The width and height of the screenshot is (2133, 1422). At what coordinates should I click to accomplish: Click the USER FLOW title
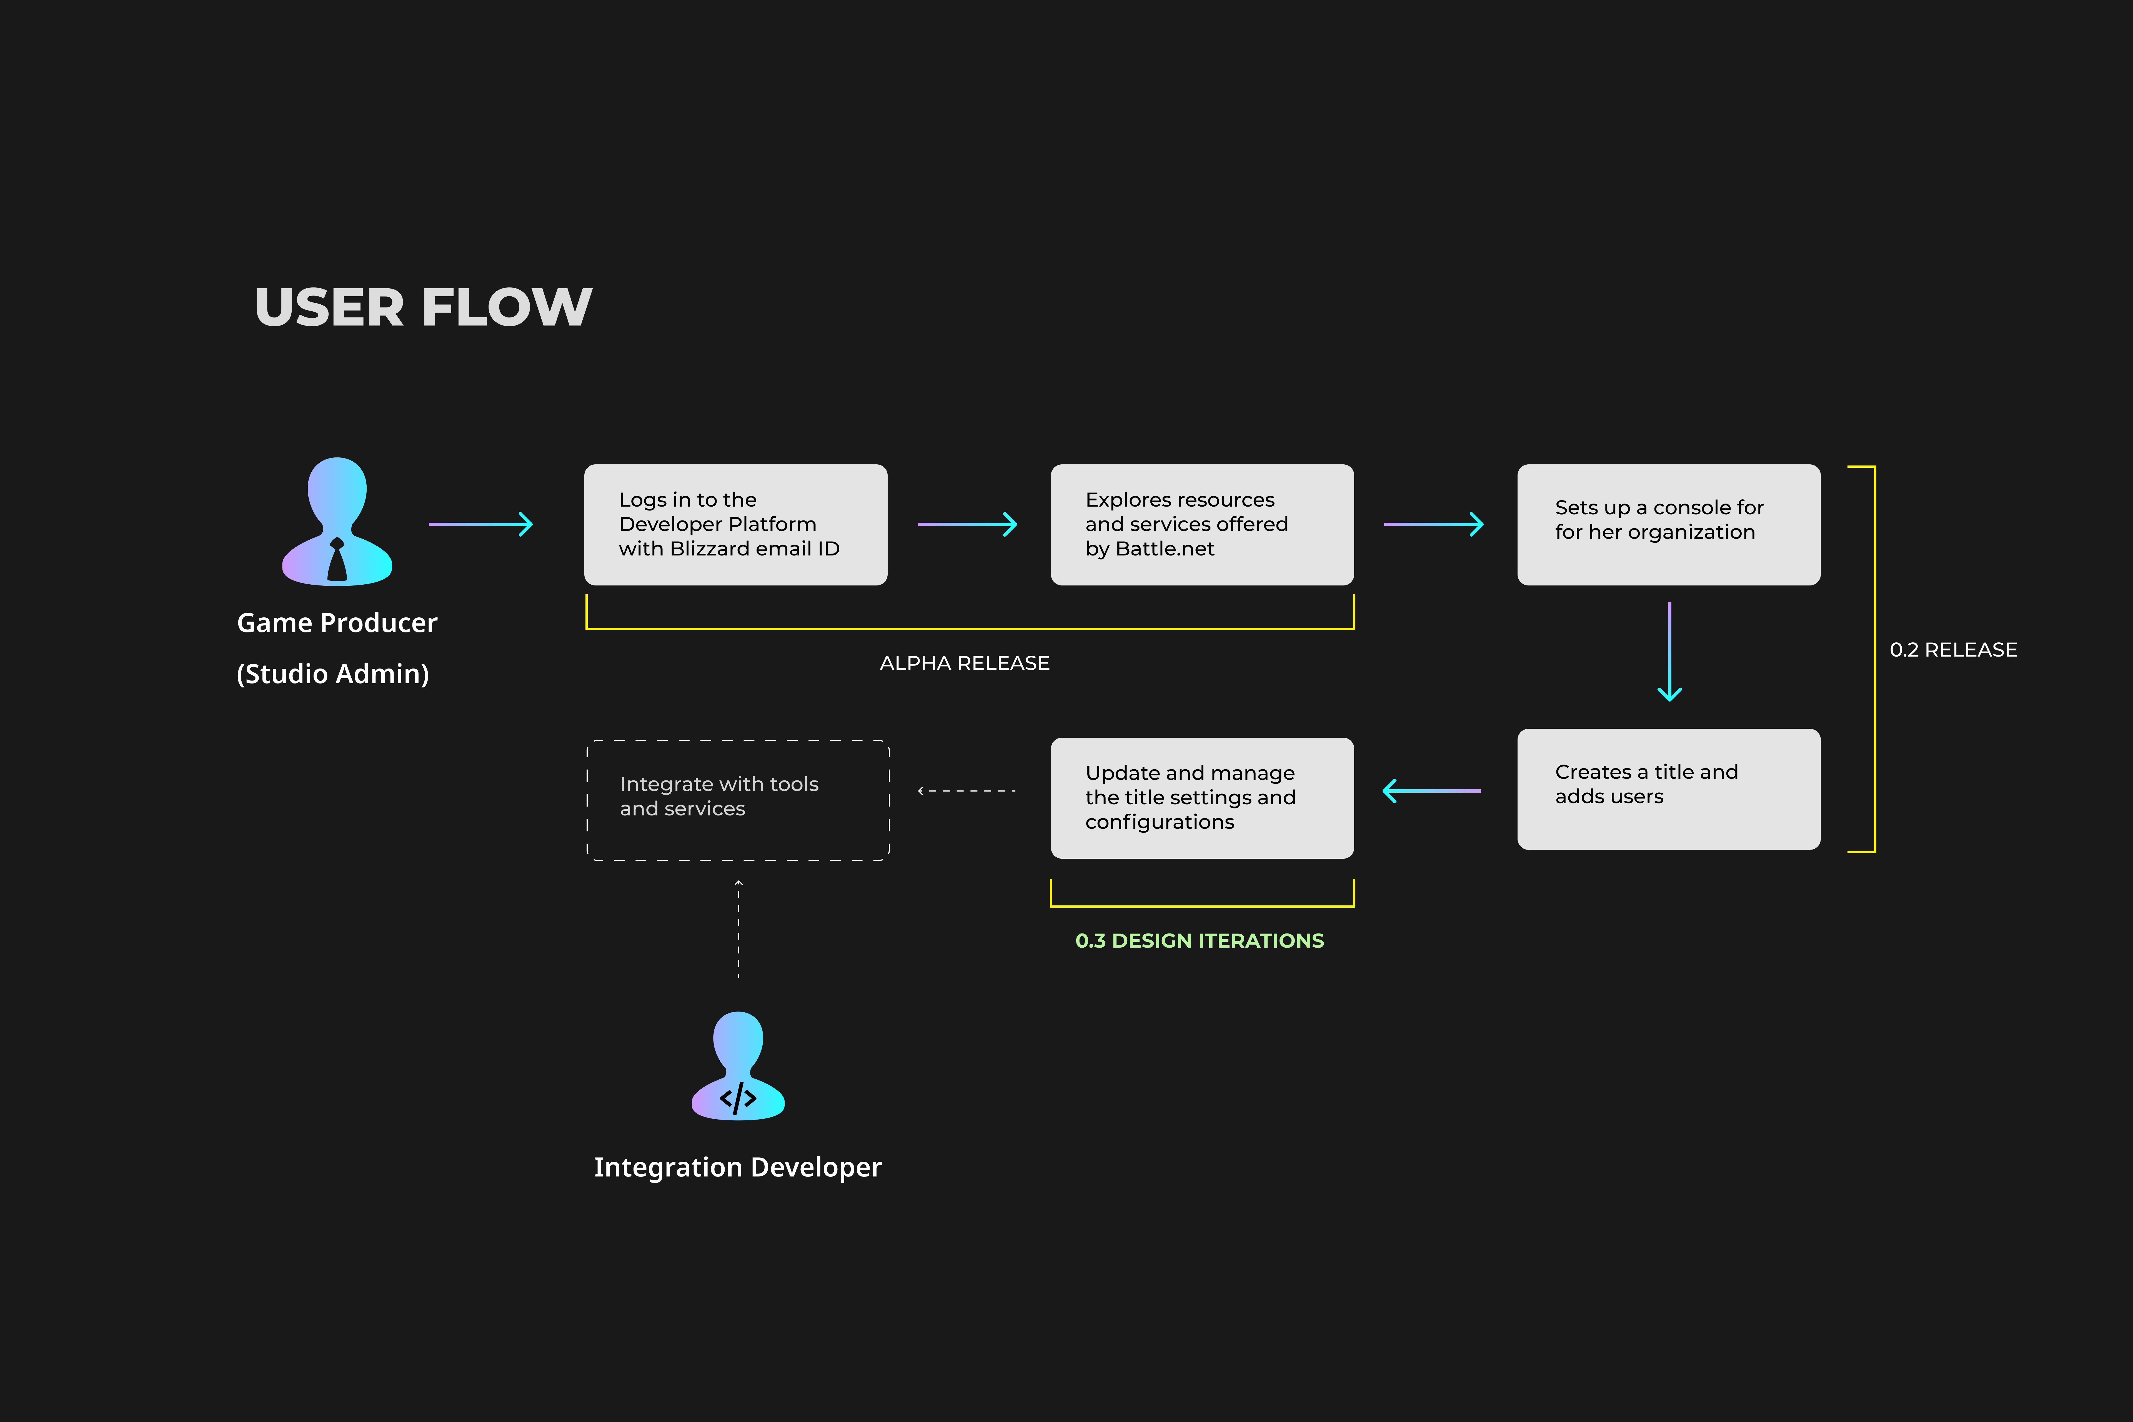(423, 307)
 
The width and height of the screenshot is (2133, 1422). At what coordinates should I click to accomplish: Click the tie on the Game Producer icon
(337, 560)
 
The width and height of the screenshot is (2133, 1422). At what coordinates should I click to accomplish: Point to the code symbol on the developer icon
(738, 1098)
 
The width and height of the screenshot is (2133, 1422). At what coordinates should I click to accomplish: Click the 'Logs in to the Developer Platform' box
(735, 525)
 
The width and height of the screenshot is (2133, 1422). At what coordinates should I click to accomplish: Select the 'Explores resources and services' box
(1203, 525)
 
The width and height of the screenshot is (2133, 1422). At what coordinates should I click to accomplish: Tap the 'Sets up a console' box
(1669, 525)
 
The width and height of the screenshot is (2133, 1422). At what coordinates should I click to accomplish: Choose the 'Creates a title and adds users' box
(1669, 789)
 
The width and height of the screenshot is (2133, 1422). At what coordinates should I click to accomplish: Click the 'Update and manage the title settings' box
(1203, 798)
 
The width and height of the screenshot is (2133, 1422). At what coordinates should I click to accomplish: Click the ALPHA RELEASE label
(965, 663)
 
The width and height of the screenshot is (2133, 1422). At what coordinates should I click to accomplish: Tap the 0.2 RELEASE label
(1953, 649)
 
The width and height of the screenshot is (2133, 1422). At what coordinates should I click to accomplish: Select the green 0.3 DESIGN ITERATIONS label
(1200, 940)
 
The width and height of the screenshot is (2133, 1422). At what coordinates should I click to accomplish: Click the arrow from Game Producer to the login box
(481, 524)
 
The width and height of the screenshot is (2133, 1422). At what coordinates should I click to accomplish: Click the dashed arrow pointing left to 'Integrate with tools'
(967, 791)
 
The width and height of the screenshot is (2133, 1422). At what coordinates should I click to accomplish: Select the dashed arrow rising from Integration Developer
(738, 929)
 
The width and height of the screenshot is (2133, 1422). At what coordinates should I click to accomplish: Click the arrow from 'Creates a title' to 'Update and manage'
(1431, 791)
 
